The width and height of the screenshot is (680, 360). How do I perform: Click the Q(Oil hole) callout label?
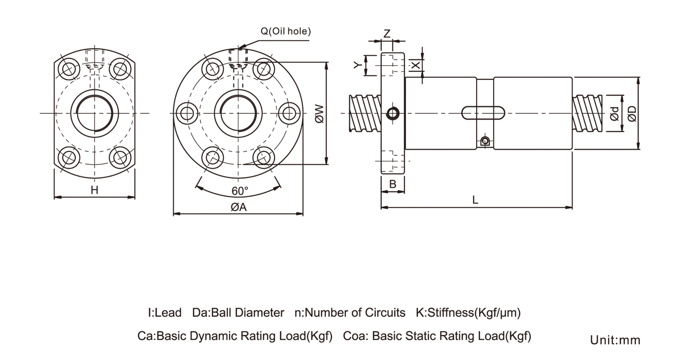coord(286,31)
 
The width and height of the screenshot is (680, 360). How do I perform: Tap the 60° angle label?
coord(240,191)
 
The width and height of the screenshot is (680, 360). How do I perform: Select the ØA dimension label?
coord(238,207)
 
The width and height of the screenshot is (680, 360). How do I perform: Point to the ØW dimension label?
coord(319,114)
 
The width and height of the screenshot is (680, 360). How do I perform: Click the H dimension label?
coord(94,190)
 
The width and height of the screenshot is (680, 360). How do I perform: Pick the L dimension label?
coord(475,200)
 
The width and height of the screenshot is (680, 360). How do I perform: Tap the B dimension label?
coord(393,184)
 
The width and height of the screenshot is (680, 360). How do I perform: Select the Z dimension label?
coord(387,34)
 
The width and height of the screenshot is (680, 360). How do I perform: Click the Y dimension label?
coord(358,65)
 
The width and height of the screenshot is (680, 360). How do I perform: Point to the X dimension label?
coord(416,65)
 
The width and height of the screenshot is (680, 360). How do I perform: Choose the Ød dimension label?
coord(615,114)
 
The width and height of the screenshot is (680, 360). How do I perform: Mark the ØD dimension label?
coord(632,114)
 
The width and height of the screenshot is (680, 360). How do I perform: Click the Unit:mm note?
coord(615,340)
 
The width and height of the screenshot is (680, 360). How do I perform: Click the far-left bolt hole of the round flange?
coord(187,114)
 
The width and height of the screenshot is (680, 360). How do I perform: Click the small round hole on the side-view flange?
coord(393,113)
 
